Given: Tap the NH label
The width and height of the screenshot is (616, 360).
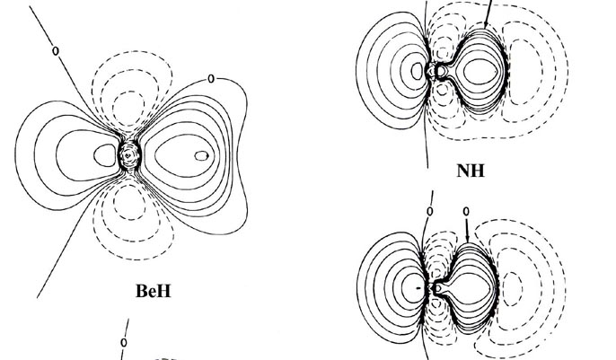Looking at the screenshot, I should coord(471,170).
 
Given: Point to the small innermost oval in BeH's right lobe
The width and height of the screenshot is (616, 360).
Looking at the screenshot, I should coord(201,155).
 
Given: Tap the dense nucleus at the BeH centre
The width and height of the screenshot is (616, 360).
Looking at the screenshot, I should coord(130,155).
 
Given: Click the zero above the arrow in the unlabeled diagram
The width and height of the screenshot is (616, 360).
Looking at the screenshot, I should coord(466,212).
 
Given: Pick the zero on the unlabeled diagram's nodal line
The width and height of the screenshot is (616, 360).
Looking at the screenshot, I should coord(429,212).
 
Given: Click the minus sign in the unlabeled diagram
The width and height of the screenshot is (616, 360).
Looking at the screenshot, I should coord(418,288).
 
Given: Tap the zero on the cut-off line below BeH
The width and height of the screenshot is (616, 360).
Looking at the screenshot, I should coord(124,342).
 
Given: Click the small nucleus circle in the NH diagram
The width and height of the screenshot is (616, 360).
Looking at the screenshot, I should coord(441,69).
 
